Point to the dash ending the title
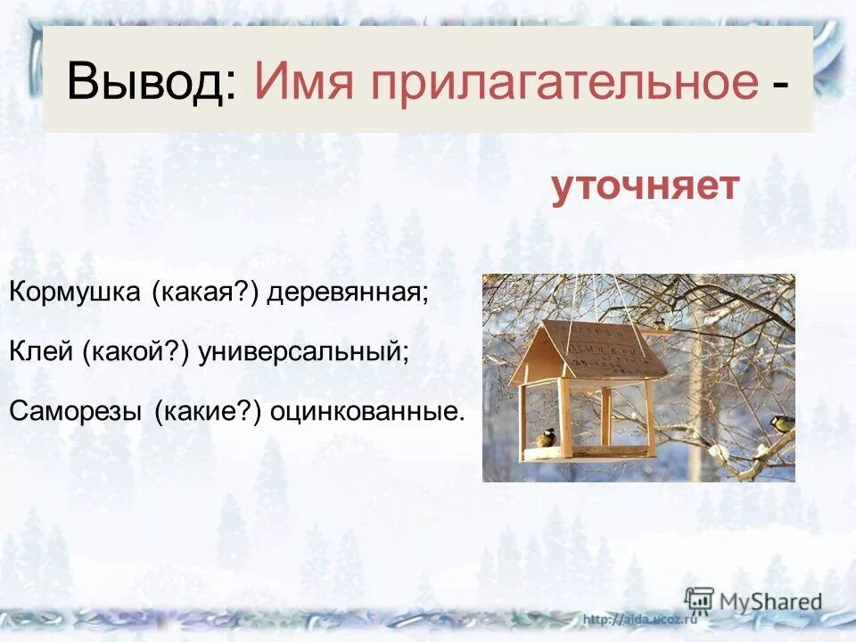pos(780,85)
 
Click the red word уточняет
pos(645,187)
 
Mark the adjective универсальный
pos(304,352)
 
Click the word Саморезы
pos(75,411)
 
